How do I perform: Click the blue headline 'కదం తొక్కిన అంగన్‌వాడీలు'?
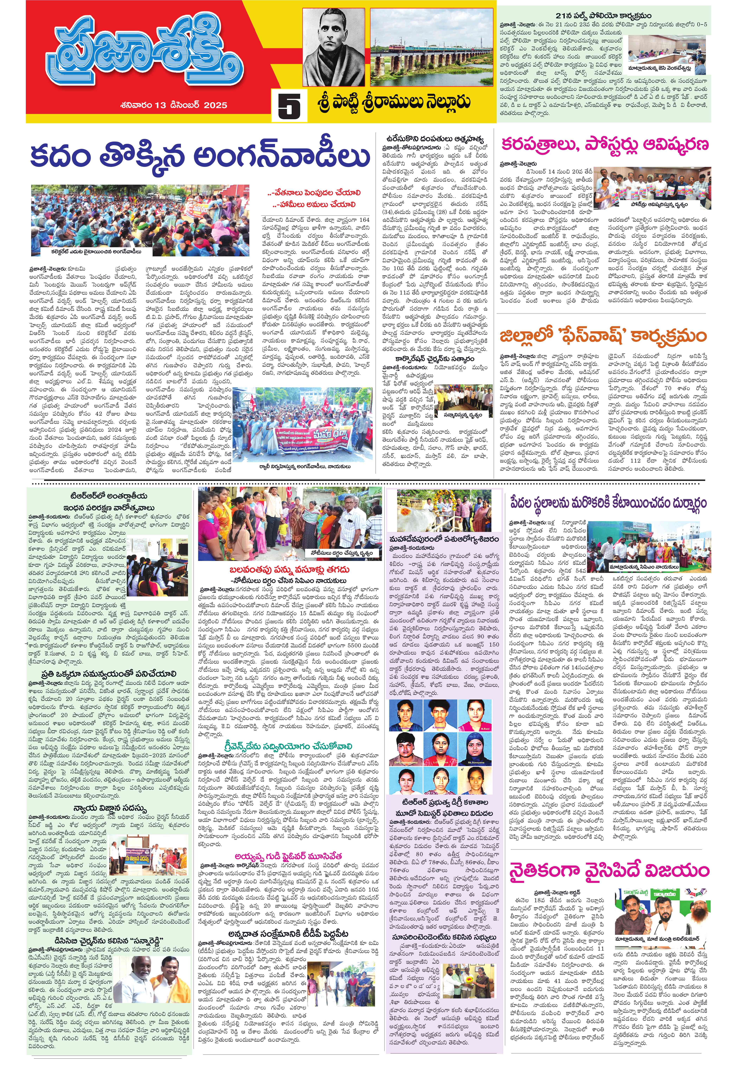point(200,156)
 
